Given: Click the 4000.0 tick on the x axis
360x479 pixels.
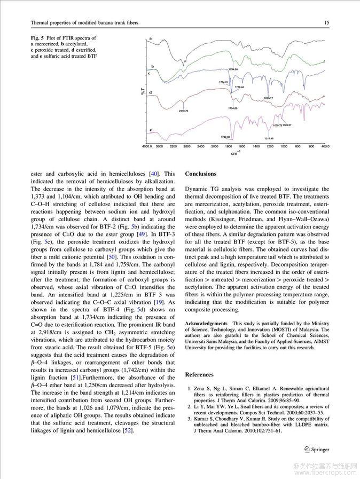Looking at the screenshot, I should (147, 146).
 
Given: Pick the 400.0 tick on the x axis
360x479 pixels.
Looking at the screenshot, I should (325, 146).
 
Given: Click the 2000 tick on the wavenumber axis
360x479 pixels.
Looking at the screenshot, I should (214, 146).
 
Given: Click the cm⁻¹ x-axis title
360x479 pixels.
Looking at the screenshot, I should (235, 154).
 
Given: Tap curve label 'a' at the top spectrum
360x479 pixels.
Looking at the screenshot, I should (151, 39).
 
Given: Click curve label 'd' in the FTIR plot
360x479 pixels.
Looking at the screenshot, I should (151, 92).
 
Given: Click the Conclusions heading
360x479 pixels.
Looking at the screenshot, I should (201, 174).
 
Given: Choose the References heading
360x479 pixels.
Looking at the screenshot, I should (199, 375).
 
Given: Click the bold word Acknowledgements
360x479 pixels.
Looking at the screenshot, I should (206, 324).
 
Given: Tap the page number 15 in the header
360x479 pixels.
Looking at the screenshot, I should (326, 23).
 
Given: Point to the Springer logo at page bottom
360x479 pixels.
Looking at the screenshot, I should (317, 450).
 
